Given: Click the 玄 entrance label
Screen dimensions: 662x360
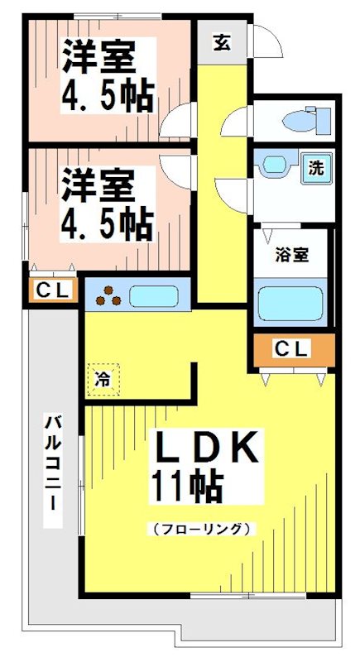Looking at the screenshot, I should click(222, 42).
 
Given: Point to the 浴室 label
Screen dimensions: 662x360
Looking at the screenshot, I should click(292, 255).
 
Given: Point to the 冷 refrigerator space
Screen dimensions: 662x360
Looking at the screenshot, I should click(103, 380).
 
